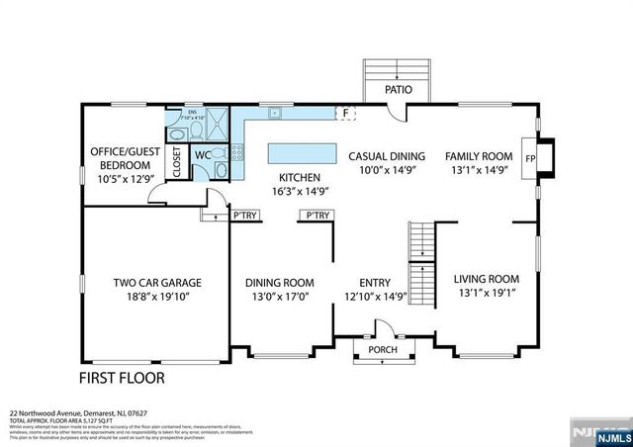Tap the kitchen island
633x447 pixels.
click(x=302, y=153)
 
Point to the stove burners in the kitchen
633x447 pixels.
click(x=238, y=152)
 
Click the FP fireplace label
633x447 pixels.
click(x=530, y=157)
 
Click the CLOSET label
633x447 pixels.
click(x=178, y=162)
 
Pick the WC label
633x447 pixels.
click(x=202, y=155)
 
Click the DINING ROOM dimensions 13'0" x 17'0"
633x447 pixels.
click(x=279, y=296)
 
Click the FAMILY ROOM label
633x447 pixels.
click(x=478, y=156)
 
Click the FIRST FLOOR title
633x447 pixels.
click(x=122, y=378)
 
